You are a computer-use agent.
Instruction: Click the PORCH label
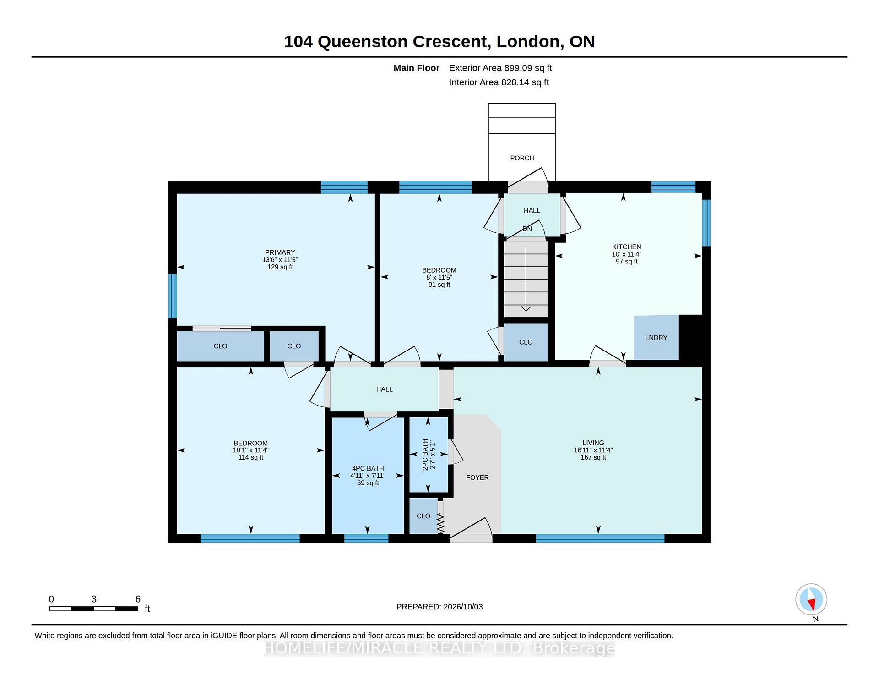click(522, 158)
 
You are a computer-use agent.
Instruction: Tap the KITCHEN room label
click(627, 247)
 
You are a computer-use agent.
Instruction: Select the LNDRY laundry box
click(656, 337)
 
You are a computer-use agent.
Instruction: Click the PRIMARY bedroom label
click(280, 252)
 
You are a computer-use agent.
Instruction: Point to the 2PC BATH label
click(425, 455)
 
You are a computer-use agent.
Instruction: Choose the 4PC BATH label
click(368, 468)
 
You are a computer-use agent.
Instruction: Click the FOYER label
click(477, 477)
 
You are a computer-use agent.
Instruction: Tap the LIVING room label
click(593, 443)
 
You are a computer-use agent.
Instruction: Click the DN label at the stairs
click(527, 229)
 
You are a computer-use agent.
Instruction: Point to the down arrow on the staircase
click(526, 279)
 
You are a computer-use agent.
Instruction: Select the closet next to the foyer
click(423, 516)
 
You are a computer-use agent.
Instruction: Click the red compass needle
click(812, 605)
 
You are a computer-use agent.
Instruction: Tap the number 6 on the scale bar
click(138, 599)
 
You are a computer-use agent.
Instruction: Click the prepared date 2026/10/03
click(463, 607)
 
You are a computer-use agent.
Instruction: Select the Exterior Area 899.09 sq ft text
click(500, 68)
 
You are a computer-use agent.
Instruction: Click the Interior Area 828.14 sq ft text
click(499, 82)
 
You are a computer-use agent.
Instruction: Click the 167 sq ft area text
click(593, 457)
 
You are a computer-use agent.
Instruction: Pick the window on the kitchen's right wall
click(706, 223)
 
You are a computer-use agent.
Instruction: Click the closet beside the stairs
click(526, 342)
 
